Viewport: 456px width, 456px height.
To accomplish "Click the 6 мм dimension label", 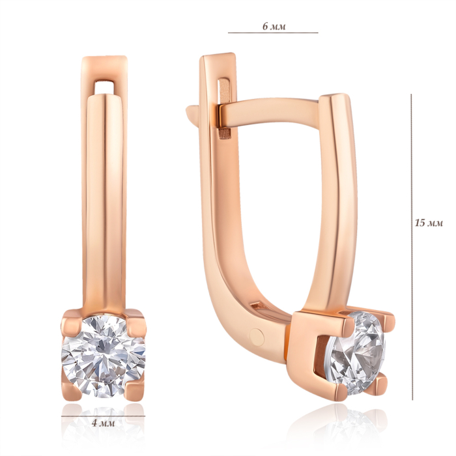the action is click(x=274, y=27).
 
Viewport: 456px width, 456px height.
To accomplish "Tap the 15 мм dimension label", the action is click(x=429, y=223).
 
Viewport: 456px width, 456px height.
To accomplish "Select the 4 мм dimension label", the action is click(x=103, y=423).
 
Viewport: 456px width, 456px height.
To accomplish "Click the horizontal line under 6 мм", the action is click(x=273, y=33).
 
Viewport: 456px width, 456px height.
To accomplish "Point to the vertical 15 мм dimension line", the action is click(x=412, y=247).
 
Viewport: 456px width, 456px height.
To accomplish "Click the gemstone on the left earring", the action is click(x=103, y=356).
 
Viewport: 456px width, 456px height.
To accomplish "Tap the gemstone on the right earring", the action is click(x=357, y=353).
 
